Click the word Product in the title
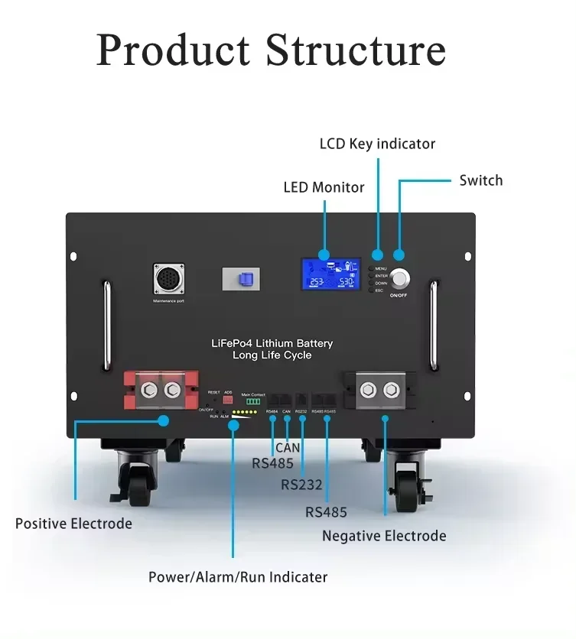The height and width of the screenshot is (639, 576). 173,50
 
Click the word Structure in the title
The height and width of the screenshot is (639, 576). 356,50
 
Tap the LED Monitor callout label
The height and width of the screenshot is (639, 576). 324,187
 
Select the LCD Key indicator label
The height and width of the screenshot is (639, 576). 377,144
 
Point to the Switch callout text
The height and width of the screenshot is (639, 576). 480,180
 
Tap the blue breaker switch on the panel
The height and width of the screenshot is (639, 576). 246,278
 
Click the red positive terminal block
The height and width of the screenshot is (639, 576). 161,390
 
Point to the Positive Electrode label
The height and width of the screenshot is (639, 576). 73,524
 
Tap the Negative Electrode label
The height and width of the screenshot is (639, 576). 384,536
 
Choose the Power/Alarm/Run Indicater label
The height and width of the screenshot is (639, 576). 238,577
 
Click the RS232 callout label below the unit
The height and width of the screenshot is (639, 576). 301,485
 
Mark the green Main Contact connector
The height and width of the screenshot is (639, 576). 252,401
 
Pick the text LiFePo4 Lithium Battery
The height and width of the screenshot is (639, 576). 272,344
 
